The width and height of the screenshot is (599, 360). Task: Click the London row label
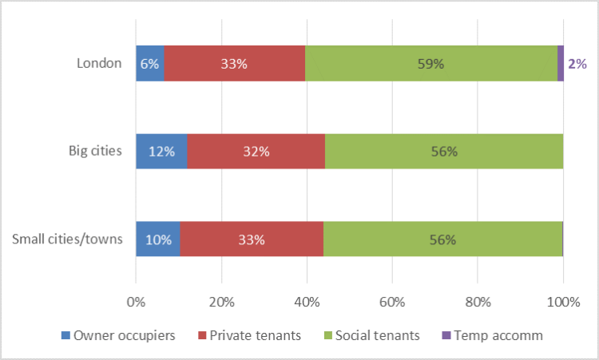coord(100,64)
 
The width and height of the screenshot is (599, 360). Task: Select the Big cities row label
coord(94,151)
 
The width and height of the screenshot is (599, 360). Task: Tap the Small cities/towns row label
coord(68,239)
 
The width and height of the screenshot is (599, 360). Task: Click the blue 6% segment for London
coord(150,64)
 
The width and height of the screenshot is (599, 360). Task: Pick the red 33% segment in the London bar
coord(235,64)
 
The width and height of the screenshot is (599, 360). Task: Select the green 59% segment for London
coord(431,64)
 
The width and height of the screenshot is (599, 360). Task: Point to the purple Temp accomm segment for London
coord(561,64)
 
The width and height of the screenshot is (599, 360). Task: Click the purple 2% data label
coord(577,64)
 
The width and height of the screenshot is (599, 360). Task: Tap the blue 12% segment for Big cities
coord(161,151)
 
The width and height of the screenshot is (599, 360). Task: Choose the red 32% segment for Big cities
coord(256,151)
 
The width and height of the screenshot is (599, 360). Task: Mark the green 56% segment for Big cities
coord(444,151)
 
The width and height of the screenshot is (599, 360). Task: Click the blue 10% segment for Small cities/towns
coord(157,239)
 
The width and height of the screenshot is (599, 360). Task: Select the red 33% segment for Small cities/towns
coord(252,239)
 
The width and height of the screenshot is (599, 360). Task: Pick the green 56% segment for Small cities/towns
coord(442,239)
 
